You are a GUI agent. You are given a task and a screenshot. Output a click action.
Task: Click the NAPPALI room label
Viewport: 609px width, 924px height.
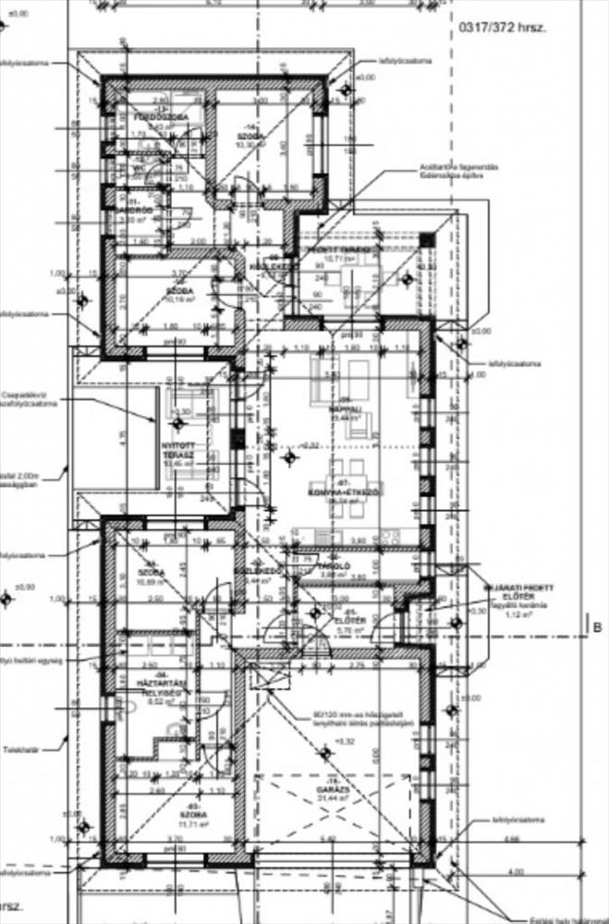(x=344, y=407)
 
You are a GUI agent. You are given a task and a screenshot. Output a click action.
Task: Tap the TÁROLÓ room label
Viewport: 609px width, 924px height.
(x=332, y=564)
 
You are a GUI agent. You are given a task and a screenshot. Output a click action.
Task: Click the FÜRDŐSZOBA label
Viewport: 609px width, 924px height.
(x=160, y=117)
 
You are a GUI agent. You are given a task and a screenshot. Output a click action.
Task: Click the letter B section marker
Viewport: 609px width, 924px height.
(x=598, y=627)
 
